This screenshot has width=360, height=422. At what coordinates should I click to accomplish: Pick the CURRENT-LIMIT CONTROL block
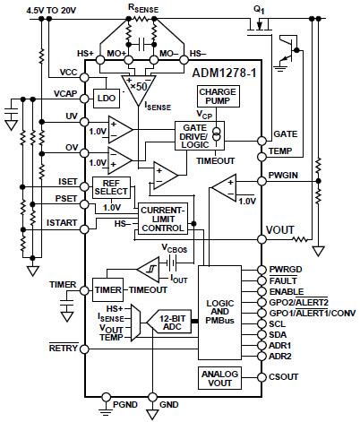(x=161, y=220)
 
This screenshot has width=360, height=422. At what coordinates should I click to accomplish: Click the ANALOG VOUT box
(x=219, y=377)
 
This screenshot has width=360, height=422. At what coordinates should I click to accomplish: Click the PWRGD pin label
(x=286, y=269)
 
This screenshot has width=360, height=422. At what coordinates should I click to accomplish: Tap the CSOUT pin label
(x=285, y=377)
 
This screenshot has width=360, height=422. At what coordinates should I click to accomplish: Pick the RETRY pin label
(x=63, y=348)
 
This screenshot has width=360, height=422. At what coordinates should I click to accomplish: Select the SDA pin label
(x=279, y=332)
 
